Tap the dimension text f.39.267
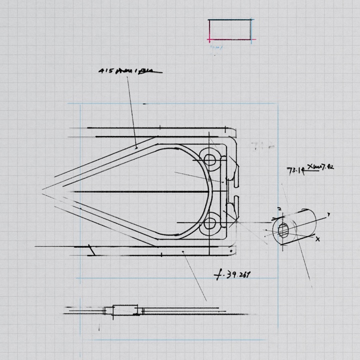[x=232, y=274]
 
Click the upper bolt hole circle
[x=210, y=159]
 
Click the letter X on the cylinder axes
[x=318, y=239]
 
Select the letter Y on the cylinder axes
[x=328, y=215]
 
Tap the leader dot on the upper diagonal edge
[x=136, y=147]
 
